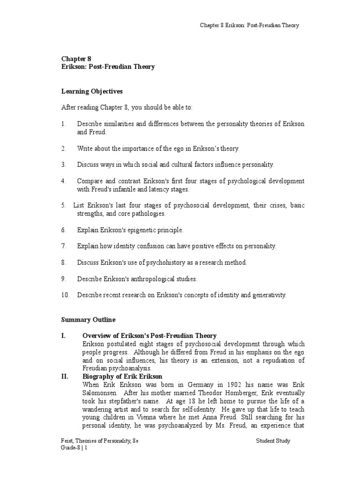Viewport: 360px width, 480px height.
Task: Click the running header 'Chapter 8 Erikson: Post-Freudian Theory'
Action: [249, 25]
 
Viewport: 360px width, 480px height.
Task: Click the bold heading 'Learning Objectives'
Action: [92, 91]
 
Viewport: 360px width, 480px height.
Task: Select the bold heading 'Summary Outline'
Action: [88, 320]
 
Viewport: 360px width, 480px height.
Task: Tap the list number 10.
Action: [65, 295]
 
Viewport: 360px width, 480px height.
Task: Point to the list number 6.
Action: [64, 230]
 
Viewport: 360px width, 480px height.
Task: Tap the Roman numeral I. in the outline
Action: [64, 336]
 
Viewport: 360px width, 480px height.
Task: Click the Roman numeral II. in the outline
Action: [65, 376]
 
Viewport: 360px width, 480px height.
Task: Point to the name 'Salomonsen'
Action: [99, 393]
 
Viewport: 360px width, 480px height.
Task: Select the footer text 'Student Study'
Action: [273, 441]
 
